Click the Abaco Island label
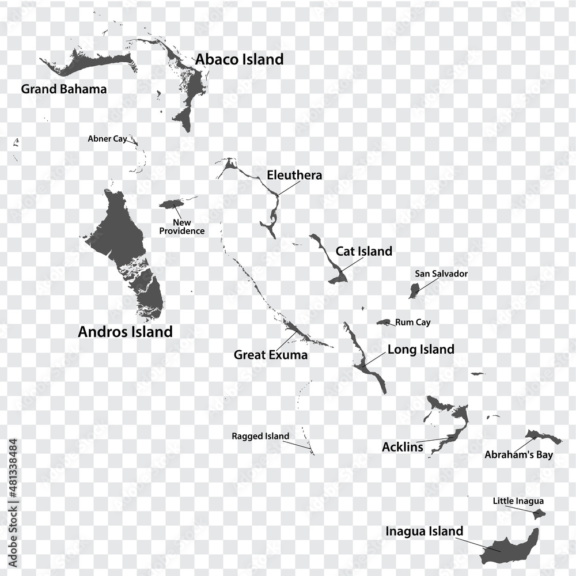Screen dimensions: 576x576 [x=239, y=59]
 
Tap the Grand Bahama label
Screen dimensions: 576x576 [x=63, y=89]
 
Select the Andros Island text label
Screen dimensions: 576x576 [x=125, y=332]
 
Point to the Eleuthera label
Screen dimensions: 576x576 [x=294, y=175]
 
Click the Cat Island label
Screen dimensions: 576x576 [x=364, y=251]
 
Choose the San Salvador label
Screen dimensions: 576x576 [x=441, y=274]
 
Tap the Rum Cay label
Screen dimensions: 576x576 [x=412, y=323]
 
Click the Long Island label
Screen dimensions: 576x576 [x=420, y=349]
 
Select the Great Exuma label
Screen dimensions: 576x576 [x=270, y=355]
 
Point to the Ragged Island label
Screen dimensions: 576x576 [x=260, y=436]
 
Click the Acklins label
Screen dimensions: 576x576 [x=402, y=446]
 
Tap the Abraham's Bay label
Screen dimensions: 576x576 [x=518, y=455]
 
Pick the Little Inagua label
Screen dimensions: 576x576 [x=518, y=501]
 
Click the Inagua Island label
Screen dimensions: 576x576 [x=424, y=531]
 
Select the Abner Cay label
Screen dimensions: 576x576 [x=107, y=139]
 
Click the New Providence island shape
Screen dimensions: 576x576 [x=171, y=204]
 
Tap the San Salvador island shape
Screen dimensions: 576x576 [x=414, y=290]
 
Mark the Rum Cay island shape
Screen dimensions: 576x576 [x=384, y=322]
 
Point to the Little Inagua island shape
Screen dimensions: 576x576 [x=539, y=514]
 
